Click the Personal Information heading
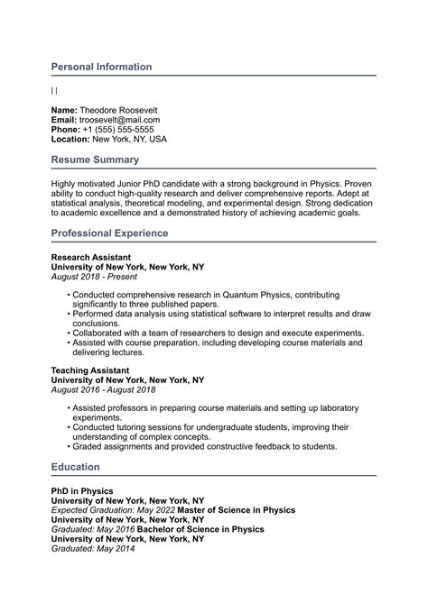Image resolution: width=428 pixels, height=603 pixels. coord(101,67)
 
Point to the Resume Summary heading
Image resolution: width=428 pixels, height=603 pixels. coord(95,160)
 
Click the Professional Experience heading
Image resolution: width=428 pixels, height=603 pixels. coord(109,233)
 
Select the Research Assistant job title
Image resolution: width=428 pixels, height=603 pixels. coord(90,257)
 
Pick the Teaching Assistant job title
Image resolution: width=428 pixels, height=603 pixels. coord(89,370)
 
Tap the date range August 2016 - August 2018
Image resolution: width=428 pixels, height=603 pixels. coord(103,389)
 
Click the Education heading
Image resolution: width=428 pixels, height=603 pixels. coord(76,467)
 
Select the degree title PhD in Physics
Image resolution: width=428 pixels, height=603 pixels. coord(82,490)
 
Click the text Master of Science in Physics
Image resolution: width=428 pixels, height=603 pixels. coord(236,510)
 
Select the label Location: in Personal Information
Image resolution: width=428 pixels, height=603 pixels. coord(70,139)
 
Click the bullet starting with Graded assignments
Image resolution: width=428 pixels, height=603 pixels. coord(205,446)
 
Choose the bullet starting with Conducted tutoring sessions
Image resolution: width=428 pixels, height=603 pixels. coord(208,426)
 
